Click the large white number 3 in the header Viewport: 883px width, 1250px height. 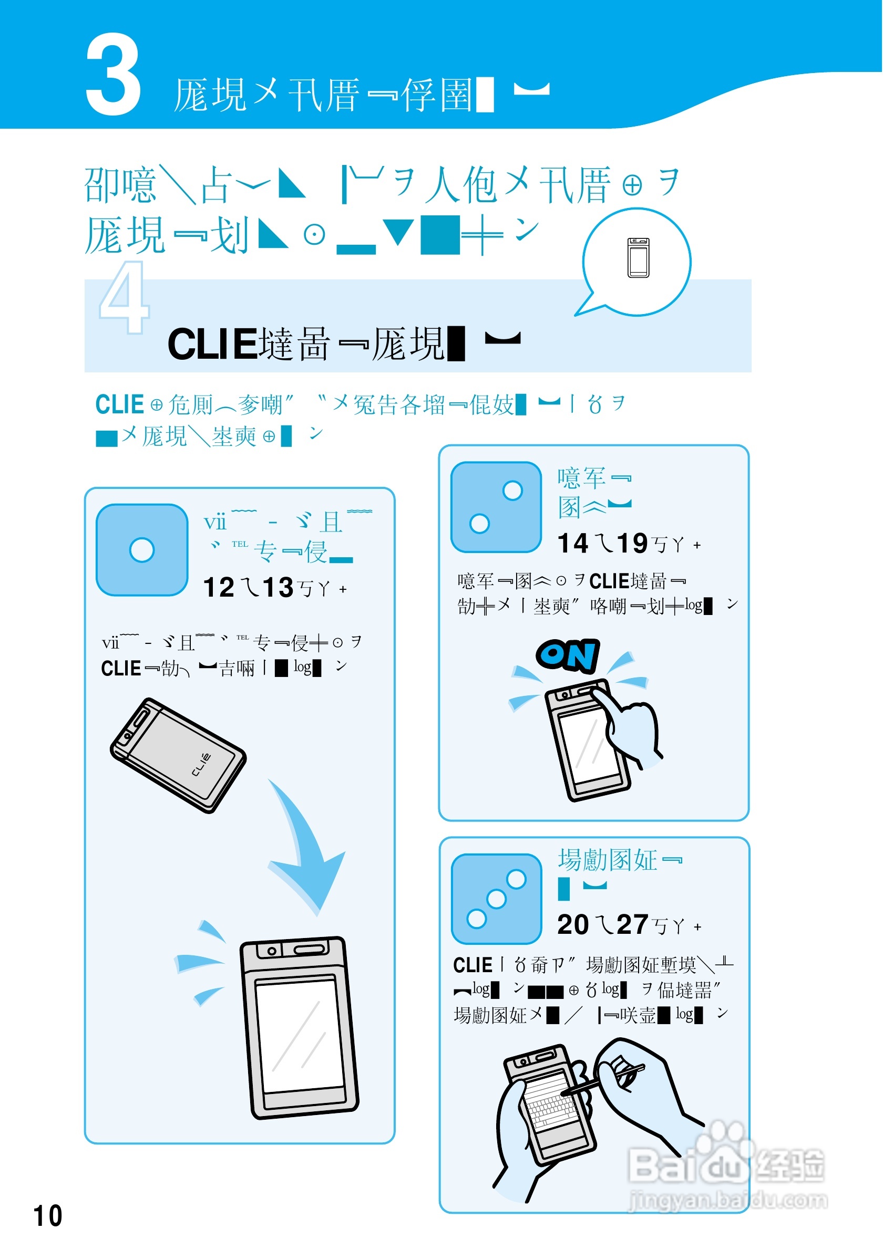(x=114, y=75)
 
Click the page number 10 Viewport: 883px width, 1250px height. (x=48, y=1216)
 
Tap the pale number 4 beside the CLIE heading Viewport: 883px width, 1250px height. (x=124, y=298)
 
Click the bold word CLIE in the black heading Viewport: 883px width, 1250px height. (x=212, y=345)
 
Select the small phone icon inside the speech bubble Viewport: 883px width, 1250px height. (x=639, y=258)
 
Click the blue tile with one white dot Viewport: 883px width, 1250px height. (x=142, y=550)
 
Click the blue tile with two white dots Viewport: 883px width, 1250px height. (x=496, y=507)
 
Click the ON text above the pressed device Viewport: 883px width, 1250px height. (x=568, y=655)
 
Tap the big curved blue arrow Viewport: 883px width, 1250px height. (x=305, y=849)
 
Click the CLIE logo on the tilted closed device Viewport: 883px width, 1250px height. (x=201, y=764)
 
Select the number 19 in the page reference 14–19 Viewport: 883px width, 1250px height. (x=632, y=544)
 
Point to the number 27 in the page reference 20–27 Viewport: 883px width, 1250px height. (x=632, y=925)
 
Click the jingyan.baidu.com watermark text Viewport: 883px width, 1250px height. (x=728, y=1200)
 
